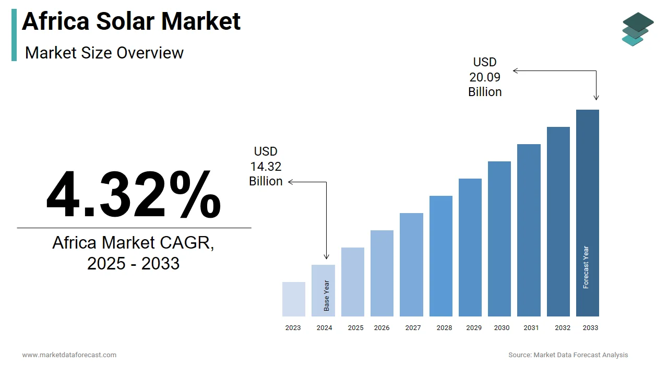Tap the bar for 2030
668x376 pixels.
tap(499, 239)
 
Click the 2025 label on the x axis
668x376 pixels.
tap(355, 328)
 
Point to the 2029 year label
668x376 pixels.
tap(474, 328)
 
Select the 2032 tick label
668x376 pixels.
tap(563, 328)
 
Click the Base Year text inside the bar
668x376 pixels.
tap(327, 296)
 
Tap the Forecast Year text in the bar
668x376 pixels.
tap(586, 267)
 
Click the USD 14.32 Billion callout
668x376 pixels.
tap(266, 167)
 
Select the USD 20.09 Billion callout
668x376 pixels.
tap(485, 77)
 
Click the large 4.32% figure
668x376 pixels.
tap(134, 195)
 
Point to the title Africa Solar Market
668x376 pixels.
tap(132, 21)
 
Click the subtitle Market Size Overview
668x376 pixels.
tap(104, 53)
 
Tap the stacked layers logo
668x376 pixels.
tap(637, 29)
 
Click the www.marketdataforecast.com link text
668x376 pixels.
tap(69, 355)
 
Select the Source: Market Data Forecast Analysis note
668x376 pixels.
tap(568, 355)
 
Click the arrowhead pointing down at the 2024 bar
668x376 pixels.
tap(327, 256)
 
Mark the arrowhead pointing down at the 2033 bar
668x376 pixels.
tap(596, 97)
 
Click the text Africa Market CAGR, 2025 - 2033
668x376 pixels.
tap(134, 253)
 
